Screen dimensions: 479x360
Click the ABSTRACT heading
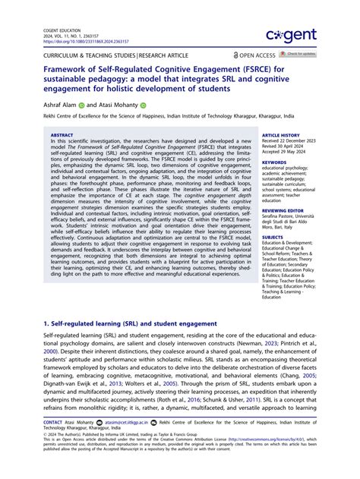(62, 135)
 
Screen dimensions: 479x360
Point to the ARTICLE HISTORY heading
(280, 135)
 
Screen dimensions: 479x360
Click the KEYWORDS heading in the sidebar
(273, 162)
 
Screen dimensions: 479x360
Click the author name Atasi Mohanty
(114, 106)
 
